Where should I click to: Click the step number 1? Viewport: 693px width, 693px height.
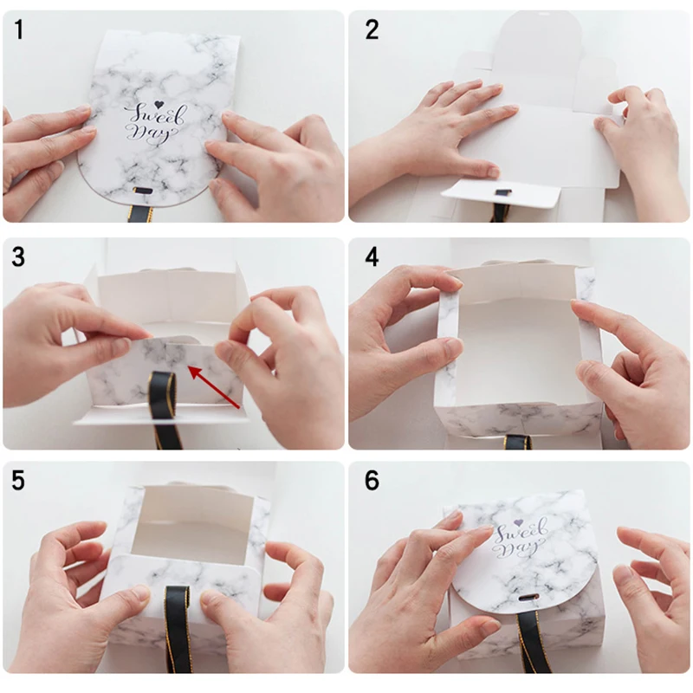[x=18, y=29]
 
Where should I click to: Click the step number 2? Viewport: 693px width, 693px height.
[x=372, y=29]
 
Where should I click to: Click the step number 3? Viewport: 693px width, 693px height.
[x=18, y=256]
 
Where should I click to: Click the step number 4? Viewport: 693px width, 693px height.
[x=372, y=256]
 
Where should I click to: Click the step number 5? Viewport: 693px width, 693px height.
[x=18, y=480]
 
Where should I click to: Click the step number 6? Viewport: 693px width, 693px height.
[x=372, y=480]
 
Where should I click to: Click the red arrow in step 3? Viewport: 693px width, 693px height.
[x=215, y=385]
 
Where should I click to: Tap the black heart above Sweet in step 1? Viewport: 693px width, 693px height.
[x=159, y=104]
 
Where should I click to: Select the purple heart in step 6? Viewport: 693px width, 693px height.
[x=519, y=523]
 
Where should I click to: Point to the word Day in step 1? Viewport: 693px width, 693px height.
[x=148, y=133]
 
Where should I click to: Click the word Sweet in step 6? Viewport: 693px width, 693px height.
[x=521, y=532]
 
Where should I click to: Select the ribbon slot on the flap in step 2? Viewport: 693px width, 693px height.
[x=502, y=193]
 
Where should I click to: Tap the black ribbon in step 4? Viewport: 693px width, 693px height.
[x=518, y=442]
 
